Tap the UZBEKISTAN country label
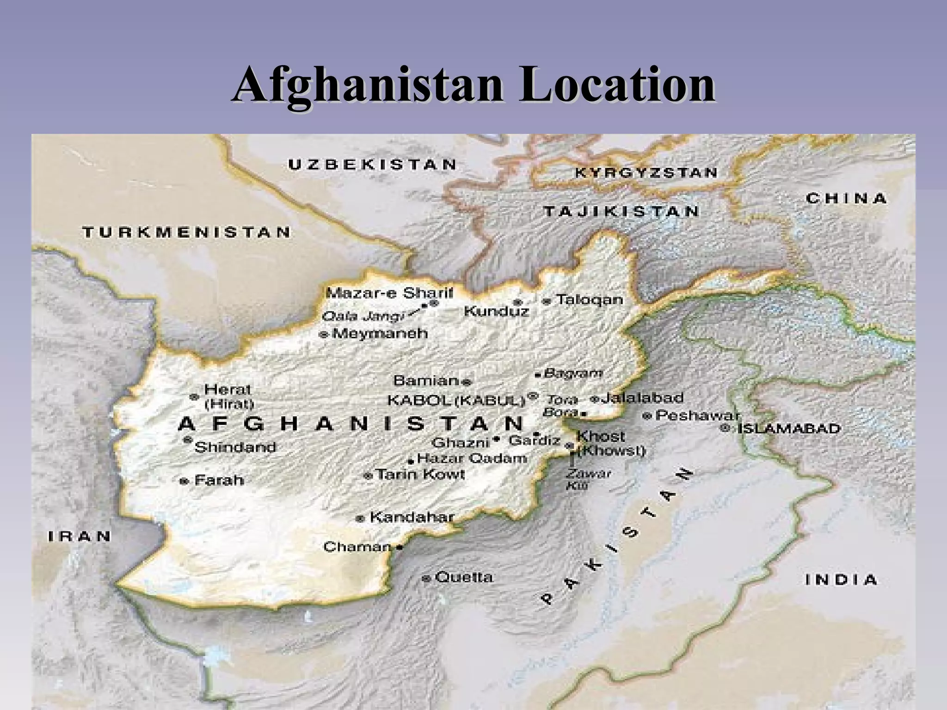[373, 165]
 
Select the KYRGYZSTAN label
[646, 173]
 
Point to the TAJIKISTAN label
[621, 212]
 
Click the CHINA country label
[846, 199]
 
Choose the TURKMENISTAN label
[187, 232]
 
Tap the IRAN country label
[80, 536]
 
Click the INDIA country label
[841, 580]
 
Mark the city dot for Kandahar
[361, 519]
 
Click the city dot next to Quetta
[427, 578]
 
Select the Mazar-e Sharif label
[389, 293]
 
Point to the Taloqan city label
[589, 300]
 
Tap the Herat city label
[228, 389]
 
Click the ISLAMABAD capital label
[788, 428]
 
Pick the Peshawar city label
[697, 415]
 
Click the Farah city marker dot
[184, 481]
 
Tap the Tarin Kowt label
[420, 474]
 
